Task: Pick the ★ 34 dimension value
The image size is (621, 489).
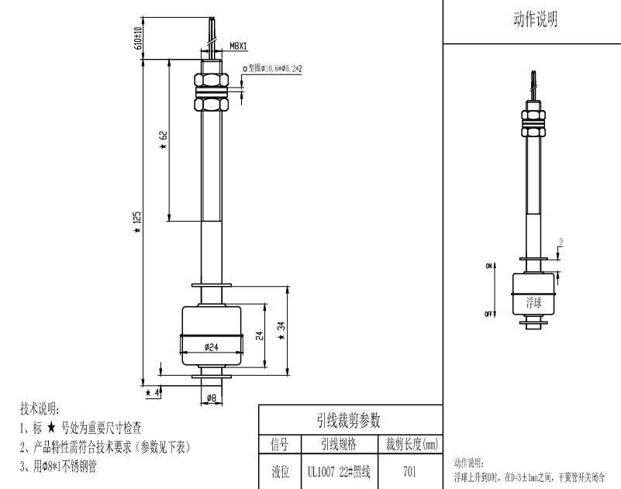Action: point(282,330)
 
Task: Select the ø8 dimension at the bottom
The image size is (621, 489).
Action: point(212,399)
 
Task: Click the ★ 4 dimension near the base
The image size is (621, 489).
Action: point(156,392)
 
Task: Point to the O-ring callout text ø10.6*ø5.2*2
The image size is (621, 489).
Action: point(274,69)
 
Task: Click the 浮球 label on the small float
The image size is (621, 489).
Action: point(533,301)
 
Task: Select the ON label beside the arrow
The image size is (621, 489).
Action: point(489,266)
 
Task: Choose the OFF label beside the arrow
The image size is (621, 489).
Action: point(489,314)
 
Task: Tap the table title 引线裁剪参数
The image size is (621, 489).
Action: point(349,420)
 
